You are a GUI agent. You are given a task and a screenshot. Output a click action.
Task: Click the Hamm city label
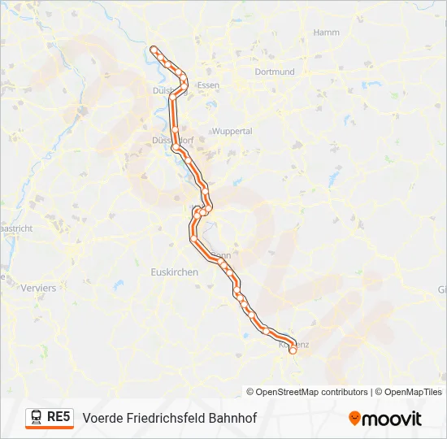pyautogui.click(x=326, y=33)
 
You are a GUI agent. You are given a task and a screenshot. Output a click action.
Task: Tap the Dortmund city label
pyautogui.click(x=274, y=72)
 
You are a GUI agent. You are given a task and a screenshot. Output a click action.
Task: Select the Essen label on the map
pyautogui.click(x=209, y=85)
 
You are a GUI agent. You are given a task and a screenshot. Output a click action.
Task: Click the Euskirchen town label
pyautogui.click(x=175, y=272)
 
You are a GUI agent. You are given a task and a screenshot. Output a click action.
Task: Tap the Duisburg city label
pyautogui.click(x=168, y=91)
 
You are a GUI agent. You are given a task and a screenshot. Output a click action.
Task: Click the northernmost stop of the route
pyautogui.click(x=154, y=48)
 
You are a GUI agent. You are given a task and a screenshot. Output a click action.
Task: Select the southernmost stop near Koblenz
pyautogui.click(x=293, y=351)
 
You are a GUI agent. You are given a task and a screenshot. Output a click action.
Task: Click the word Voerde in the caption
pyautogui.click(x=103, y=419)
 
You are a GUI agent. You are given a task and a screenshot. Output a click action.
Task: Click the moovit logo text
pyautogui.click(x=392, y=419)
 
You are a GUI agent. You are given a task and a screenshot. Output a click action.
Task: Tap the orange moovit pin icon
pyautogui.click(x=354, y=419)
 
